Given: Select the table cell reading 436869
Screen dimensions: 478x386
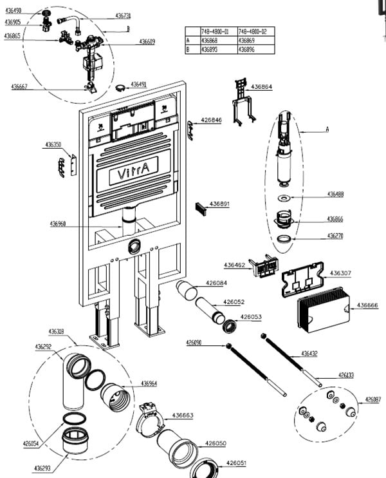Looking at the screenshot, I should pos(248,40).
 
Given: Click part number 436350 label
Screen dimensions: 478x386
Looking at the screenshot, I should pos(53,145).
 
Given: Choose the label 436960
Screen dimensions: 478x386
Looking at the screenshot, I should pos(58,224).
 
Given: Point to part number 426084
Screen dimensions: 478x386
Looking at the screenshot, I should pos(216,283).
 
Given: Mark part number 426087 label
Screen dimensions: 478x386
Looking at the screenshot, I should pos(372,399).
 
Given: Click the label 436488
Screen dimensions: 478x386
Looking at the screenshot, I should pos(335,194).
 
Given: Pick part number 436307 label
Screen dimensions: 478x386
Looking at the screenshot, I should pos(340,273).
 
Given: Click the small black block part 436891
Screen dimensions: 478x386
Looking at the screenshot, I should pos(201,208).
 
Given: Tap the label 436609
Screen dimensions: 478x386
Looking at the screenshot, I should pos(147,42).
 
